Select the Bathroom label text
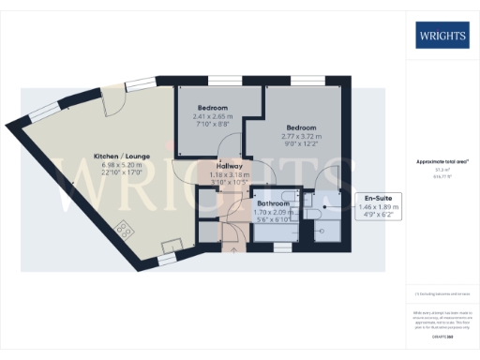[275, 202]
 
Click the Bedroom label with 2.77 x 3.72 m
[301, 127]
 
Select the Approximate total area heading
[442, 161]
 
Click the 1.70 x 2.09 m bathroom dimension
[275, 211]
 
